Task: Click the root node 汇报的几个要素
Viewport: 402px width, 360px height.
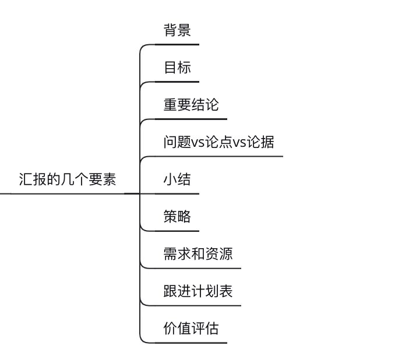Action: tap(68, 179)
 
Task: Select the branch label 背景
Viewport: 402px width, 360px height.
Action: tap(177, 30)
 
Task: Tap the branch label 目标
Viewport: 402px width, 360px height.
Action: tap(177, 68)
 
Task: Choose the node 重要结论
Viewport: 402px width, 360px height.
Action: tap(191, 105)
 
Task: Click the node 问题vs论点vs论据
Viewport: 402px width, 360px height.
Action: tap(218, 142)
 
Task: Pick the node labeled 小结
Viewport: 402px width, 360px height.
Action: tap(177, 179)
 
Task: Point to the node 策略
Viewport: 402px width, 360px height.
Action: tap(177, 217)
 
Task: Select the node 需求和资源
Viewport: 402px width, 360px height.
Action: tap(198, 254)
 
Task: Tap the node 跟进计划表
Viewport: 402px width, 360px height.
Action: tap(198, 291)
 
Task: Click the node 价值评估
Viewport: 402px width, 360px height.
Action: tap(191, 329)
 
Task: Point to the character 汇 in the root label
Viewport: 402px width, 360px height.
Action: tap(26, 179)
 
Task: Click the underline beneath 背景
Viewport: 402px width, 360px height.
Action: tap(178, 44)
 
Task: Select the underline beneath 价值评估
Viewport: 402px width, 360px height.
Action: tap(192, 343)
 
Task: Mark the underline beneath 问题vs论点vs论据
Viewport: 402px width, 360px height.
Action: tap(221, 156)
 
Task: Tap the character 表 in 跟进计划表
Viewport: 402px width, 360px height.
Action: tap(226, 291)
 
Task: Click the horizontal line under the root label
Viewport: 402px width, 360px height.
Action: tap(64, 193)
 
